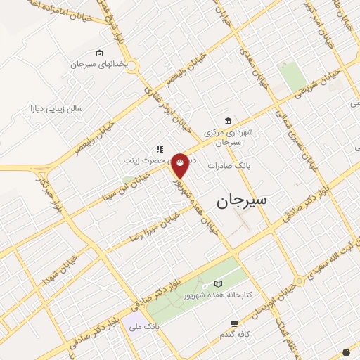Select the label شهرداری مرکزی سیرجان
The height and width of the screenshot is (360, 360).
[x=227, y=136]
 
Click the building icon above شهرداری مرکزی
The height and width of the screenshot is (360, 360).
[x=226, y=120]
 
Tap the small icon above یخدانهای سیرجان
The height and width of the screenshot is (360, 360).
[x=99, y=53]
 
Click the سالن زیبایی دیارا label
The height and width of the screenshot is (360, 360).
[x=56, y=109]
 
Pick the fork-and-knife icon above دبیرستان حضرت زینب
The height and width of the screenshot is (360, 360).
[x=160, y=149]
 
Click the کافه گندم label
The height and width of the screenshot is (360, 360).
[x=234, y=335]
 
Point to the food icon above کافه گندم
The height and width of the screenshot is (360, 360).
[x=234, y=324]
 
